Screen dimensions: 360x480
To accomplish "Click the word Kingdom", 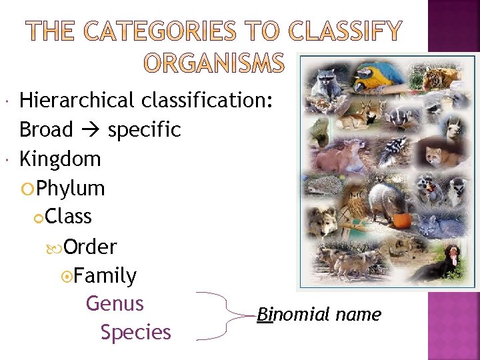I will click(x=60, y=159).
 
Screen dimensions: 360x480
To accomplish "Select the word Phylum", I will click(x=71, y=189).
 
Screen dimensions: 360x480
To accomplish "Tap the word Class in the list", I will click(x=69, y=217).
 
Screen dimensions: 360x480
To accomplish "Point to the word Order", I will click(x=91, y=247).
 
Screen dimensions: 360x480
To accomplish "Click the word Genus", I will click(x=115, y=304).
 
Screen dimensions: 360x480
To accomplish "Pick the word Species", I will click(x=135, y=332).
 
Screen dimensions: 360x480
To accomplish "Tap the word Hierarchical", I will click(x=77, y=101).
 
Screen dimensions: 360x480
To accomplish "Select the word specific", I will click(x=144, y=129).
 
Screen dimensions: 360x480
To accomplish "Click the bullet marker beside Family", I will click(x=65, y=276).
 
